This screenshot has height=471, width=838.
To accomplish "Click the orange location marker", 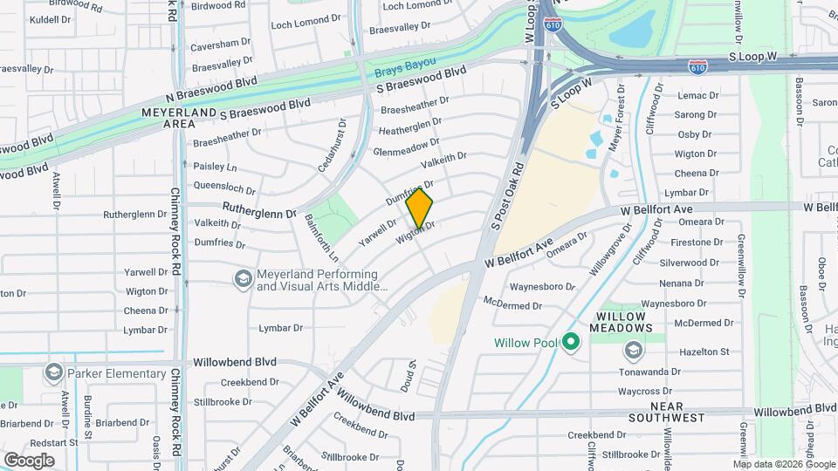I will point(420,208).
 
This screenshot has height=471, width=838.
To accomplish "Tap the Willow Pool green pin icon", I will point(571,342).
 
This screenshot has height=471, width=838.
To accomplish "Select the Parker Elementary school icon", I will point(54,373).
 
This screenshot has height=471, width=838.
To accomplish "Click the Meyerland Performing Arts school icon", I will point(244,278).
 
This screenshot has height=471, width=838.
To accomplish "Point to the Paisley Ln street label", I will point(215,167).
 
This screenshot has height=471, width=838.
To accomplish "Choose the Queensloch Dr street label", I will point(224,187).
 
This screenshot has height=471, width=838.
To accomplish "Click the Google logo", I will point(29,461).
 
